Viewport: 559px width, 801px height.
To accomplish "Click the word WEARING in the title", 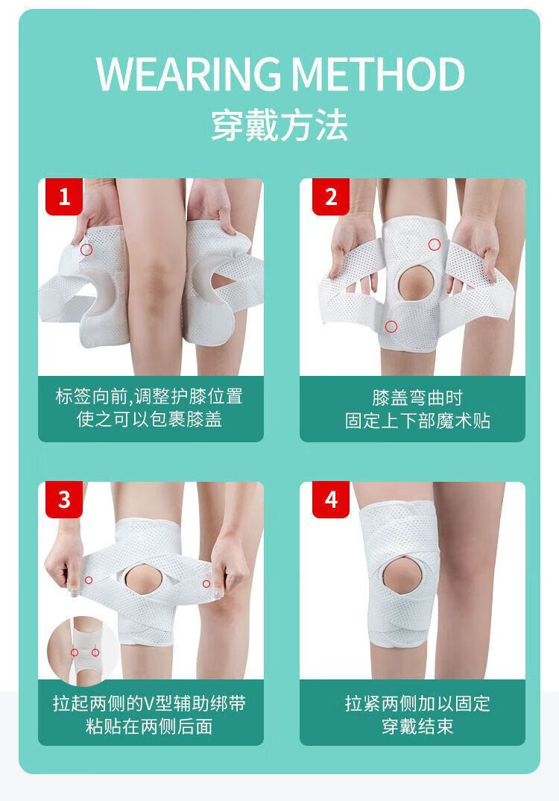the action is tap(189, 75).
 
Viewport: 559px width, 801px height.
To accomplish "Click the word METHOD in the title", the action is tap(379, 75).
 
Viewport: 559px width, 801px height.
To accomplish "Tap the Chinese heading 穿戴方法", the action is tap(279, 125).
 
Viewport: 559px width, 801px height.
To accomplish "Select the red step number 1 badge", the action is tap(64, 197).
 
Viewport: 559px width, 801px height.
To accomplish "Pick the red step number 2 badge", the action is tap(331, 197).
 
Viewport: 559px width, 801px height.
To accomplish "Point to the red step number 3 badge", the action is tap(64, 500).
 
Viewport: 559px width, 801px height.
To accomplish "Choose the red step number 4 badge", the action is tap(331, 500).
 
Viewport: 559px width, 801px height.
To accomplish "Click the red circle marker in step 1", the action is tap(86, 249).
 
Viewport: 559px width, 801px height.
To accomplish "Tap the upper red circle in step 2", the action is tap(435, 244).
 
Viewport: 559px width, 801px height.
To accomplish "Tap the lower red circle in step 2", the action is tap(391, 326).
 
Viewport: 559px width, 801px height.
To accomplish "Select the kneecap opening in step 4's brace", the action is tap(402, 577).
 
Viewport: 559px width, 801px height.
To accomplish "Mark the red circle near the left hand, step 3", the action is tap(88, 579).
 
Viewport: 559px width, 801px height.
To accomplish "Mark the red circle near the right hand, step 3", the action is tap(206, 584).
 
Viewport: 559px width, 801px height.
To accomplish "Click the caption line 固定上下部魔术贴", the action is tap(417, 421).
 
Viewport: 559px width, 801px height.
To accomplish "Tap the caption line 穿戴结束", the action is tap(417, 726).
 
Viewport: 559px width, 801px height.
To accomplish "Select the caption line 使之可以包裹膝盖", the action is tap(150, 419).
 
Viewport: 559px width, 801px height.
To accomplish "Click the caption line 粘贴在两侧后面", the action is tap(150, 726).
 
